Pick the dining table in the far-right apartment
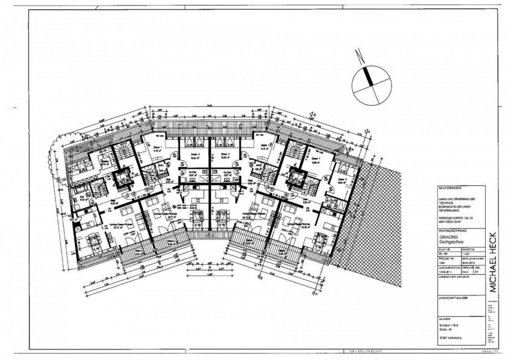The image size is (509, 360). tap(319, 238)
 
